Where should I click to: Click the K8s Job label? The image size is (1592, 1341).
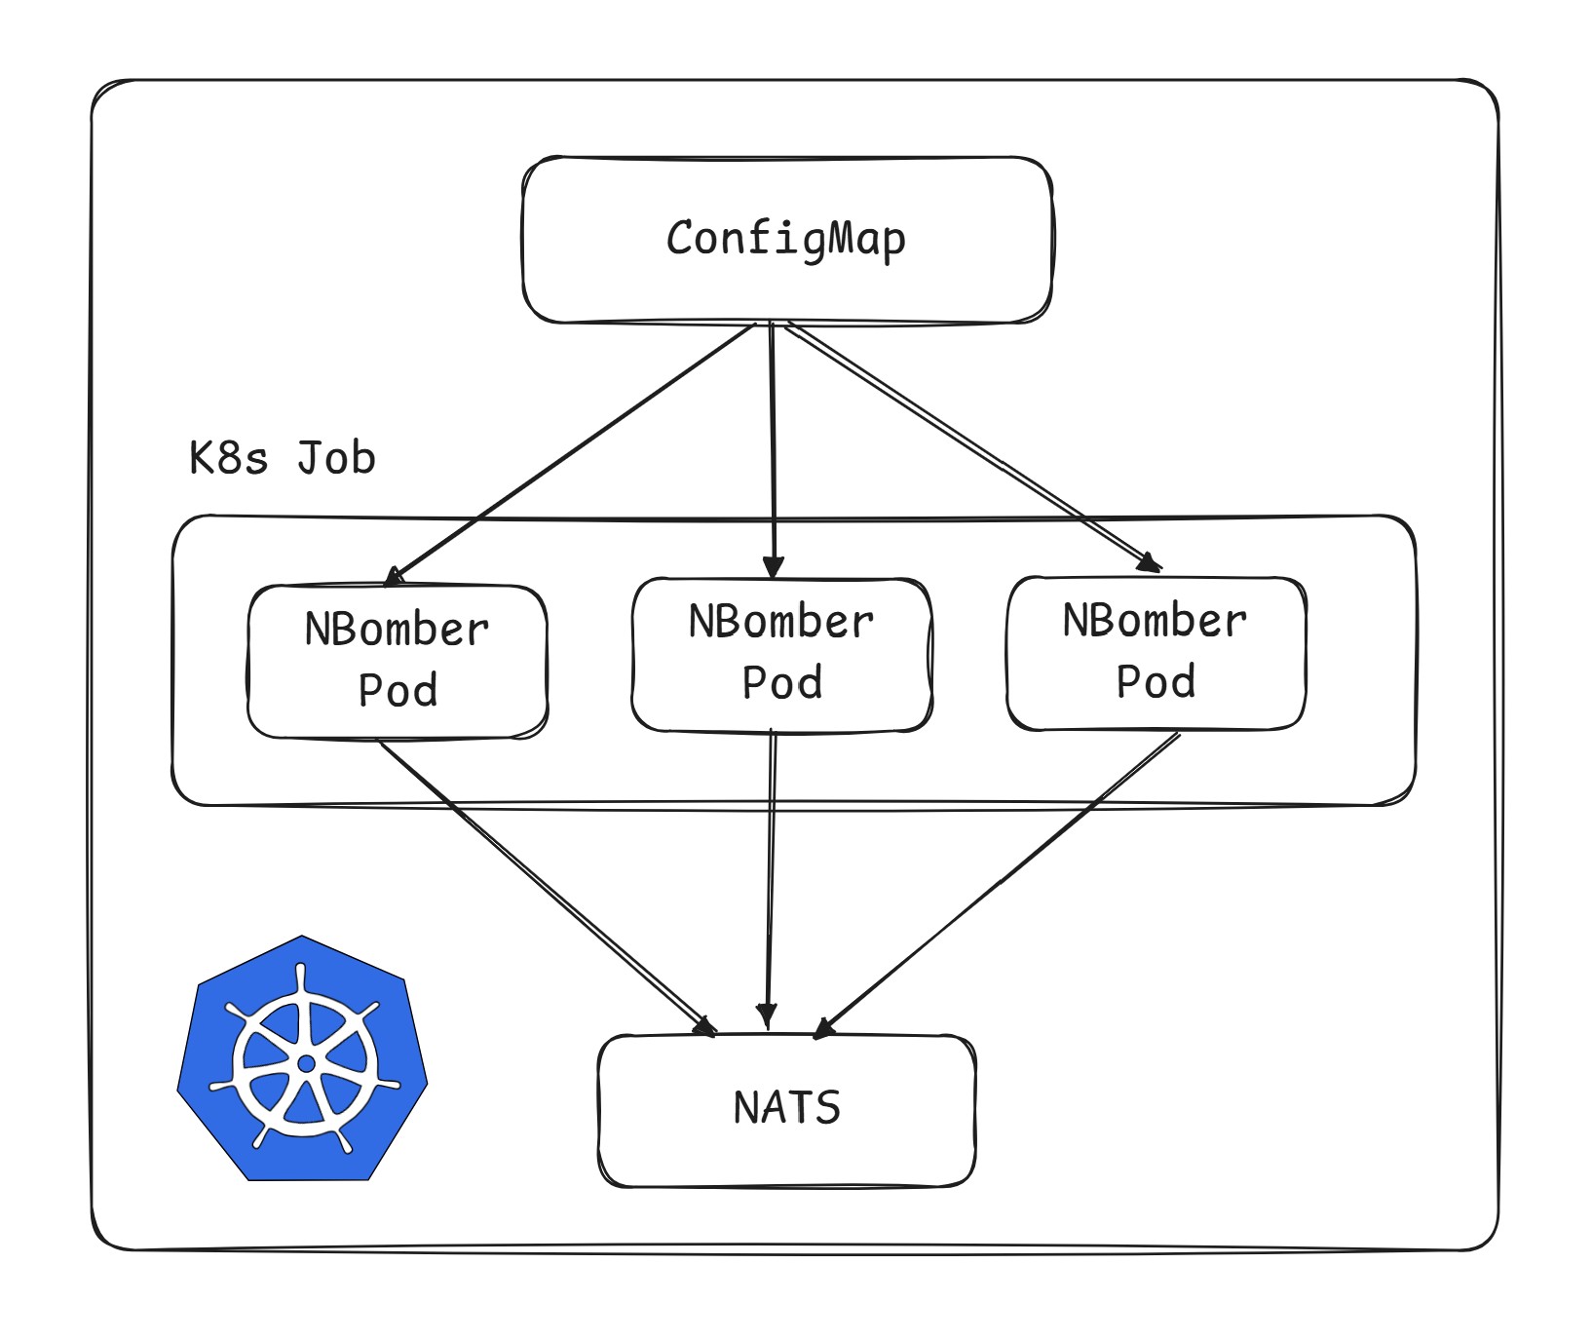pyautogui.click(x=283, y=458)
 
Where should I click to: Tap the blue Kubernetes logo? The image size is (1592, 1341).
pyautogui.click(x=303, y=1058)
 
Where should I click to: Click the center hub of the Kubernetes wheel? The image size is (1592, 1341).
pyautogui.click(x=306, y=1063)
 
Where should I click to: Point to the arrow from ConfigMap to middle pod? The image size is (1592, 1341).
pyautogui.click(x=773, y=450)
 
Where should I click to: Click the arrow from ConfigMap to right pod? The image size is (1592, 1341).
pyautogui.click(x=974, y=447)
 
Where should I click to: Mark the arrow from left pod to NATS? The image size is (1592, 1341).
pyautogui.click(x=548, y=888)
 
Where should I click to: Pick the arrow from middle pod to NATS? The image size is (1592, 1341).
pyautogui.click(x=771, y=880)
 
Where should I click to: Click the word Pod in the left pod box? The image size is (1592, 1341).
pyautogui.click(x=398, y=691)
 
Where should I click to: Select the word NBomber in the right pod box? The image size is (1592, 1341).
pyautogui.click(x=1156, y=622)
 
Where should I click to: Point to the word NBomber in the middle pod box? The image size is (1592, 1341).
pyautogui.click(x=781, y=623)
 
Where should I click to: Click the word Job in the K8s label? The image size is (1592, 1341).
pyautogui.click(x=336, y=458)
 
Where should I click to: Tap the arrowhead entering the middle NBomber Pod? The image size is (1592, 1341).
pyautogui.click(x=773, y=568)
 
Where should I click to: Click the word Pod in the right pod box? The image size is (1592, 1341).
pyautogui.click(x=1156, y=682)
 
